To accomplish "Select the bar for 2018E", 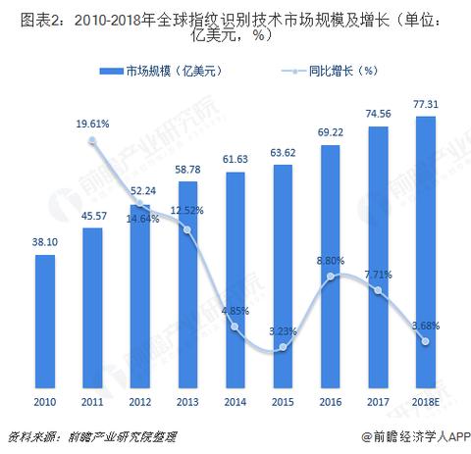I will coord(425,250).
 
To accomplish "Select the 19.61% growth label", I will coord(93,124).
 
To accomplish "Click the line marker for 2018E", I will coord(425,340).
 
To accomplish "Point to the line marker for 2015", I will coord(284,347).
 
